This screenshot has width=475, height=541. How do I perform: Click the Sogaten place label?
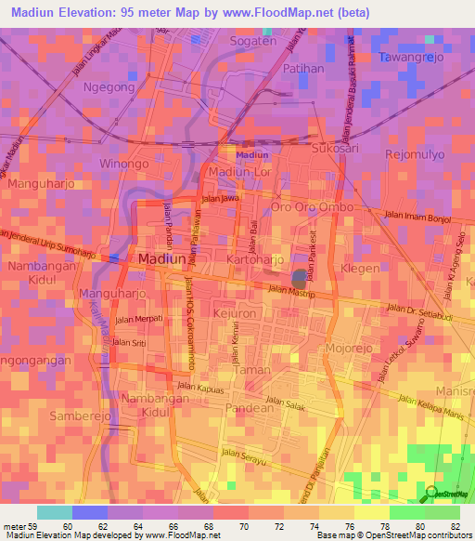(253, 42)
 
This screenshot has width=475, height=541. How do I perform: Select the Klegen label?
(360, 269)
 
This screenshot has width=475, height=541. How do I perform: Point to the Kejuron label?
(235, 314)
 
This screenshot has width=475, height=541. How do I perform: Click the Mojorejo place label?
(350, 349)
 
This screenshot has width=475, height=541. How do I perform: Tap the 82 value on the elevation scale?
(455, 527)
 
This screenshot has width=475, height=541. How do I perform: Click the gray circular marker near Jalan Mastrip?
(299, 277)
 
